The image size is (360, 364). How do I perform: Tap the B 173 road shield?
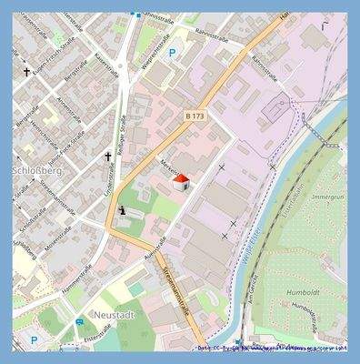(194, 116)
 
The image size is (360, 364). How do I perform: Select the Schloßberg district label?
(35, 170)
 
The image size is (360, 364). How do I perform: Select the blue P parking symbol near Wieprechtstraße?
(172, 53)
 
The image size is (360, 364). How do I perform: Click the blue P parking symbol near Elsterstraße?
(34, 340)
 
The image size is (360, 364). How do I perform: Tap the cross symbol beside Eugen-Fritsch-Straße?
(27, 70)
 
